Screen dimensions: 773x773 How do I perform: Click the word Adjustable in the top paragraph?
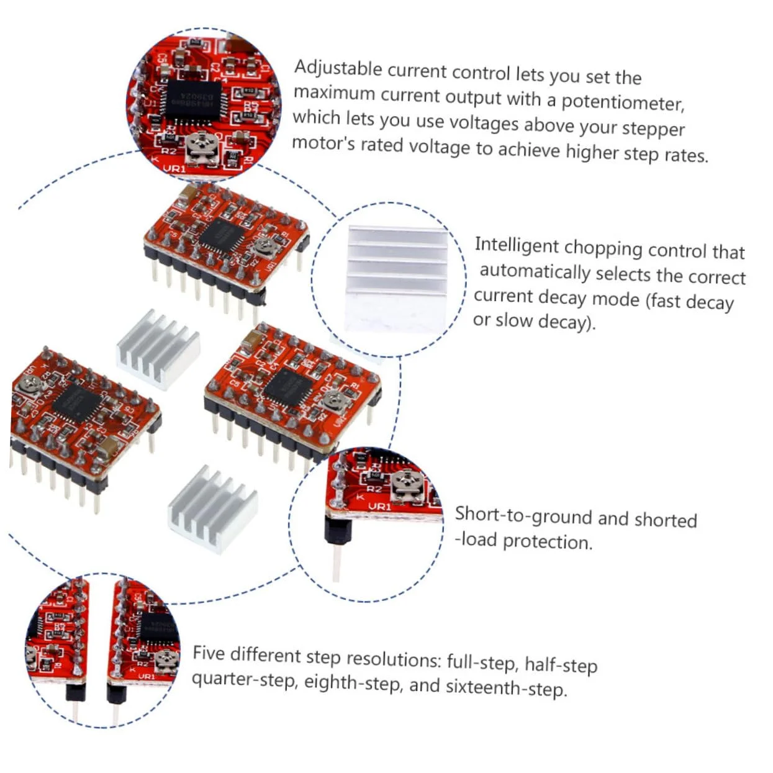click(x=338, y=68)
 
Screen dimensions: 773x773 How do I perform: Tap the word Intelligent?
click(x=517, y=245)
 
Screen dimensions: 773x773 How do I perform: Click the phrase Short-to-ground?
click(x=523, y=515)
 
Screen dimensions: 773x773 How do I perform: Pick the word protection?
click(x=547, y=542)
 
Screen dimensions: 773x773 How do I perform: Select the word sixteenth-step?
click(x=506, y=687)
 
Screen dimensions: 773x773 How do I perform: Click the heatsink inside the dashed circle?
click(x=396, y=278)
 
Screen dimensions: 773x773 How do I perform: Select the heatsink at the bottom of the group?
click(x=213, y=509)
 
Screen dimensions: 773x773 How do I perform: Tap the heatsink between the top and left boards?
click(x=158, y=349)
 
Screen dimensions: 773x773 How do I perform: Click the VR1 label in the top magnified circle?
click(x=174, y=168)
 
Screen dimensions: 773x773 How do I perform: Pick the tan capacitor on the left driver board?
click(x=109, y=446)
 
